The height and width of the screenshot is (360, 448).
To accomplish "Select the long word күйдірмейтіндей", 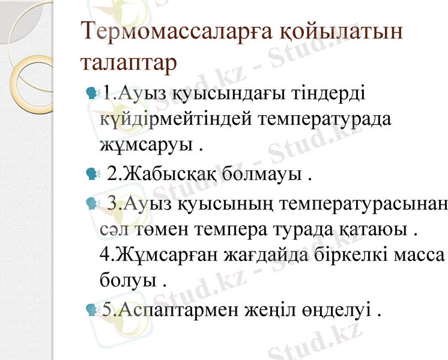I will coord(177,119).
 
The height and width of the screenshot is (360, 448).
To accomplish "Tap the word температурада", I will coord(325,119).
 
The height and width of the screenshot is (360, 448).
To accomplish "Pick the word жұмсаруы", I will coord(147,145).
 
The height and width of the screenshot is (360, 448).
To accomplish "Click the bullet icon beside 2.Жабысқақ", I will coord(92,175).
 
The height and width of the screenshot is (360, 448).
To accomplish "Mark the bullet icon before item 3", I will coord(92,205).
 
